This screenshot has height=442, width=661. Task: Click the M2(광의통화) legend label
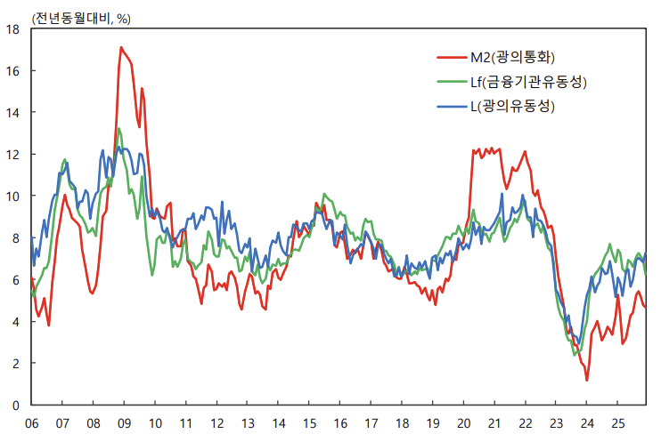[512, 58]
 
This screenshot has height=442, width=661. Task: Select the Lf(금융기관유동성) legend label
[529, 83]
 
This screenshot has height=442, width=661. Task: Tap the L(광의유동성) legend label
[512, 107]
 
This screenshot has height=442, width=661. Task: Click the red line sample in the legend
[452, 58]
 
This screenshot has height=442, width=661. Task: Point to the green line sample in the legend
[452, 83]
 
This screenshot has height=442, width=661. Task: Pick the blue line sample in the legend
[452, 107]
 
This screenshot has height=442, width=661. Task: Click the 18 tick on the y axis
[13, 29]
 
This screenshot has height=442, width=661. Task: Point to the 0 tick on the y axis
[17, 406]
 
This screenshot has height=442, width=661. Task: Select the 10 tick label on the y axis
[13, 197]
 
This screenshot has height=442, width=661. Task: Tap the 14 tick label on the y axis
[13, 113]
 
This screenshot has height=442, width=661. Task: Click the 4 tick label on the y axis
[17, 322]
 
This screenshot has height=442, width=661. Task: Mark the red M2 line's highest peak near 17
[121, 47]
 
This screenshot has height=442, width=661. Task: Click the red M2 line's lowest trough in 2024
[587, 381]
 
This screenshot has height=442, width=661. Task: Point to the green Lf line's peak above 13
[118, 129]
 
